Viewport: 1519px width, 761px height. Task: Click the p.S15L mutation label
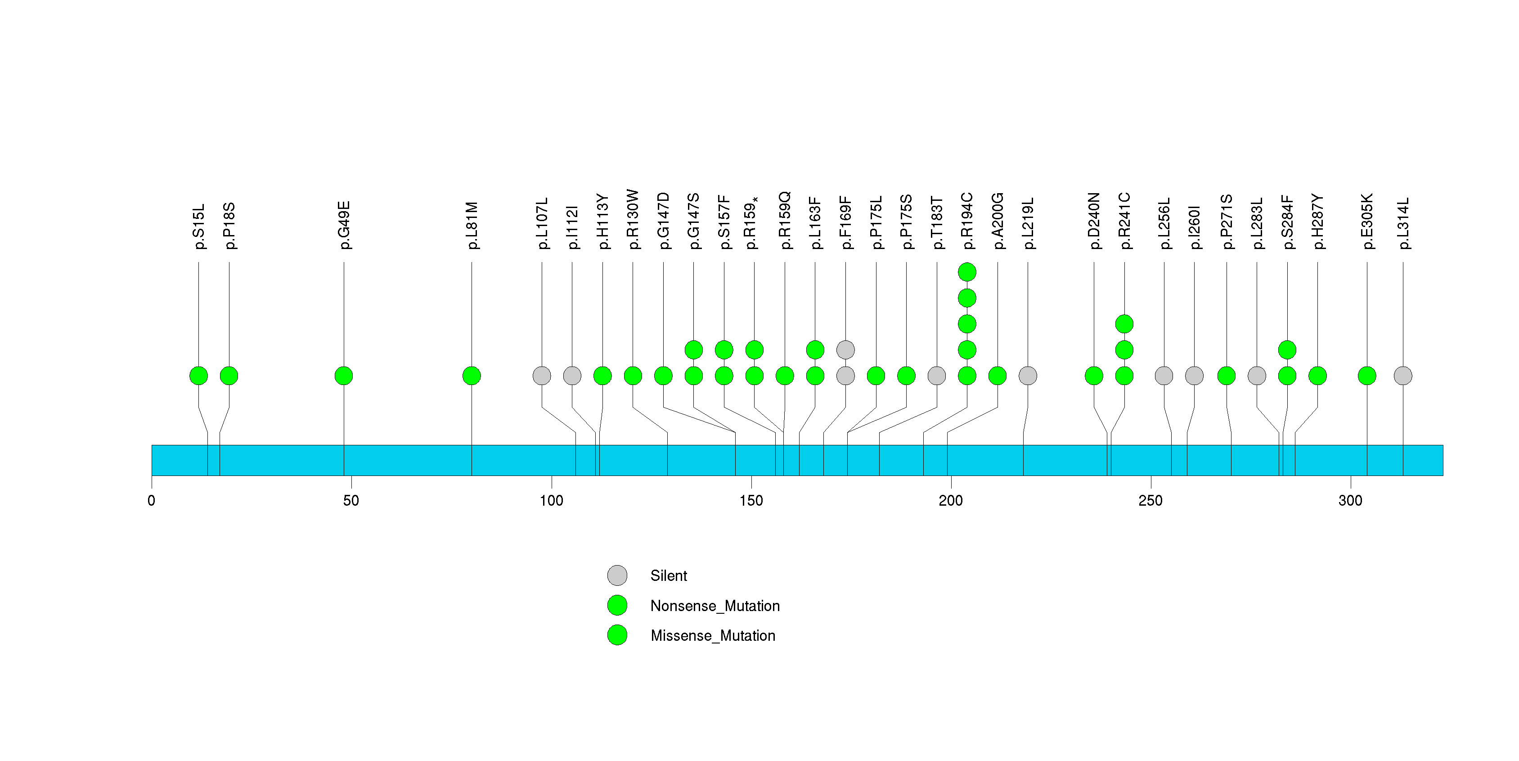click(x=199, y=226)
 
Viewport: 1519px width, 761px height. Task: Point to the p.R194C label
click(x=967, y=221)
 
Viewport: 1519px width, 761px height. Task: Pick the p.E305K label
click(x=1367, y=221)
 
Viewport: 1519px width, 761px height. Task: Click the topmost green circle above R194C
click(x=967, y=272)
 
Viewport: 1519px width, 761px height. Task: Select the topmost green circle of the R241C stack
click(x=1124, y=324)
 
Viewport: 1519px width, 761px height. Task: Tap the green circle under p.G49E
click(x=344, y=376)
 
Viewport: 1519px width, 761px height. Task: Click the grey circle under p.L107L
click(x=542, y=376)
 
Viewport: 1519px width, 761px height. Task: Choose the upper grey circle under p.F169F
click(x=845, y=350)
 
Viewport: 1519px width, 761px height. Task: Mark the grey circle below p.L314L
click(x=1403, y=376)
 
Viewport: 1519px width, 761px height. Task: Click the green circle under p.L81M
click(x=472, y=376)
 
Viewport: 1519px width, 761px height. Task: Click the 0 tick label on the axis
click(x=152, y=501)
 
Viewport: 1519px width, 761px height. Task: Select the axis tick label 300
click(x=1350, y=501)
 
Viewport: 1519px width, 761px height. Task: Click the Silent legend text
click(x=669, y=576)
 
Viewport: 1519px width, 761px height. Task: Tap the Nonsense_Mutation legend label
click(x=715, y=606)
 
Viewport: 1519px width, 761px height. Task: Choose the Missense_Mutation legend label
click(x=713, y=636)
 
